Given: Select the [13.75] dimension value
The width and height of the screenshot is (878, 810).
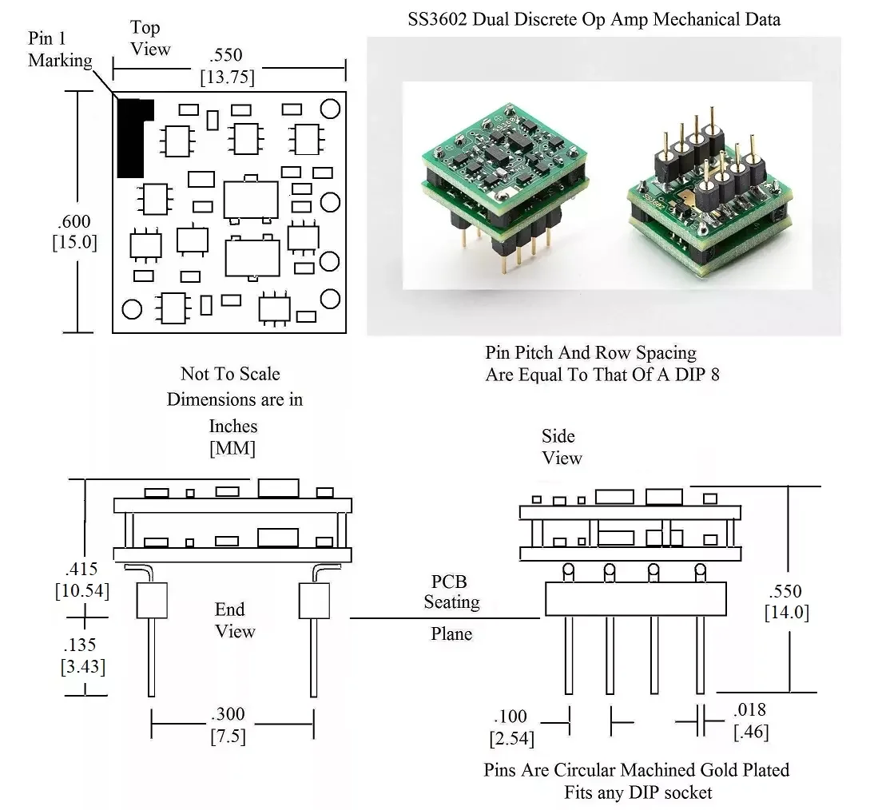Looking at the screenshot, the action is (x=228, y=77).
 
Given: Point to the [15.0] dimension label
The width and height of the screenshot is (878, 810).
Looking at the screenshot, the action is (x=74, y=242).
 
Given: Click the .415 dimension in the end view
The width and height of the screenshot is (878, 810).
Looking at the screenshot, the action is (x=81, y=569).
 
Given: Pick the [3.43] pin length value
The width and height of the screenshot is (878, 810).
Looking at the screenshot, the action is (x=83, y=667).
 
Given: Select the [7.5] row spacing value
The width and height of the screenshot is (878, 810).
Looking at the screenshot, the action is (x=228, y=736).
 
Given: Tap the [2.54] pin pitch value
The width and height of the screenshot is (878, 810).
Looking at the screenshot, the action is (x=512, y=739).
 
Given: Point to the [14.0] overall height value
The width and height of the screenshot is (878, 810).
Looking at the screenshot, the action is (x=787, y=613).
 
